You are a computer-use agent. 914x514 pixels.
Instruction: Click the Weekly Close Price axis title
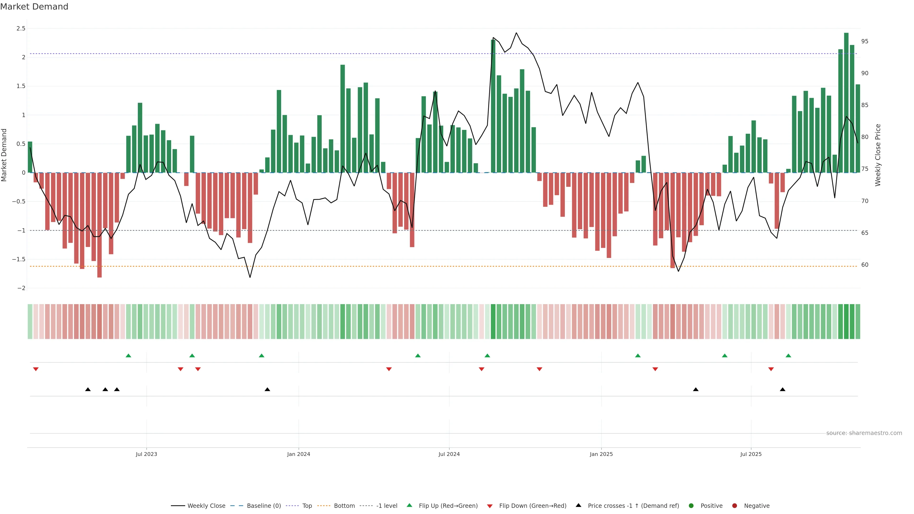[x=878, y=155]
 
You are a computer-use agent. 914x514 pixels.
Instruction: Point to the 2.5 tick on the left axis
[x=21, y=28]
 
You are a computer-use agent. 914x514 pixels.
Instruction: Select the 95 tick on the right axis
[x=865, y=41]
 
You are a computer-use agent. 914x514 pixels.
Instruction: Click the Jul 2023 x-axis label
[x=146, y=454]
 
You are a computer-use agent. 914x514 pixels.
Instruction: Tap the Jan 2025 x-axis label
[x=601, y=454]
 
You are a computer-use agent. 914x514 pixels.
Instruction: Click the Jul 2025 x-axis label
[x=751, y=454]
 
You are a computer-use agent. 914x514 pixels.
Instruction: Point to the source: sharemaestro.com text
[x=864, y=433]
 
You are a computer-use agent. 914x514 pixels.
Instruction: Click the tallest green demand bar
[x=846, y=103]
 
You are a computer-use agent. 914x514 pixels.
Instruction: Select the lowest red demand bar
[x=99, y=225]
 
